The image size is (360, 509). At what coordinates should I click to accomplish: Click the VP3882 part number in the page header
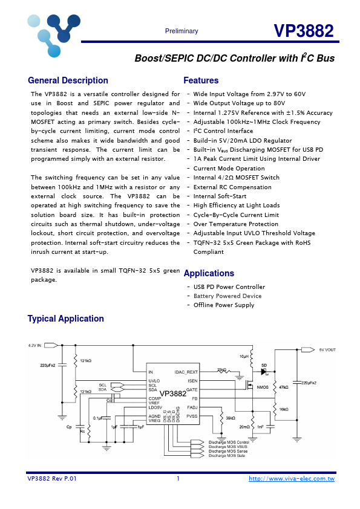[x=303, y=31]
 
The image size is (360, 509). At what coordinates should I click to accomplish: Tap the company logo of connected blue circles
[x=53, y=33]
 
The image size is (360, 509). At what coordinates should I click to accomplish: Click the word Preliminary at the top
[x=181, y=31]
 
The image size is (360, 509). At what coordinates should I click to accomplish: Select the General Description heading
[x=68, y=80]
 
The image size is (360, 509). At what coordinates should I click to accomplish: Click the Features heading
[x=201, y=80]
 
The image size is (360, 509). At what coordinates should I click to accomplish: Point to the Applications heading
[x=209, y=273]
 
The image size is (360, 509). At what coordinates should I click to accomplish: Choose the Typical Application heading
[x=65, y=319]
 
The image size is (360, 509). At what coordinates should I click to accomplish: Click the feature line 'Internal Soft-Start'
[x=220, y=196]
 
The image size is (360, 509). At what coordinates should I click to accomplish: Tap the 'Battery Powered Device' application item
[x=227, y=296]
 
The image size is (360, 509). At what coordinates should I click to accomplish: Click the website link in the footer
[x=292, y=479]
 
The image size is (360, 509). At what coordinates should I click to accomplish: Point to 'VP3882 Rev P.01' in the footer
[x=52, y=479]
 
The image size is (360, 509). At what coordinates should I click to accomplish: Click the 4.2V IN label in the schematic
[x=34, y=345]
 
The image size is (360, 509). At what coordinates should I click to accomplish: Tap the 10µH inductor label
[x=244, y=357]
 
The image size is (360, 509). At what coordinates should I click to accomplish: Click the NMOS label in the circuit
[x=263, y=387]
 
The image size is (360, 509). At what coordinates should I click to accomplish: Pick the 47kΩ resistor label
[x=283, y=387]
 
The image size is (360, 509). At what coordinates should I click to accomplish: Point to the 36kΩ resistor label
[x=230, y=418]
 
